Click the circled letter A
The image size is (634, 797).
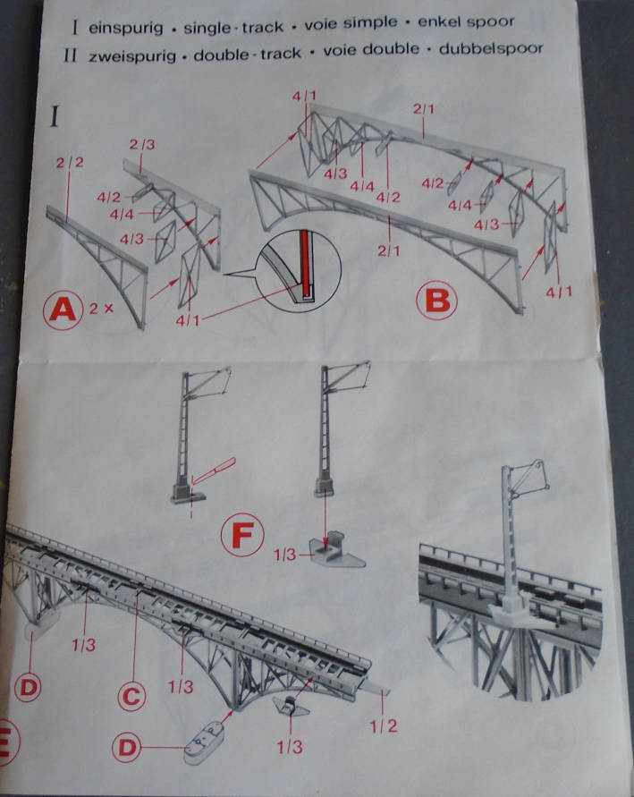click(x=63, y=309)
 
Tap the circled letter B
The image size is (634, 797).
click(x=436, y=300)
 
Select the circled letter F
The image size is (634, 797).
click(x=242, y=535)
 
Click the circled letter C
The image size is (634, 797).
click(x=131, y=696)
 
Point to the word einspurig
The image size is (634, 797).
click(x=126, y=28)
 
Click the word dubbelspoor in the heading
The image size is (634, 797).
click(x=491, y=49)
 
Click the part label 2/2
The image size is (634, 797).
click(x=70, y=163)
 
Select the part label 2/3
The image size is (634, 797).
click(x=142, y=144)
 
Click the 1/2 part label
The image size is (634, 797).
click(x=383, y=726)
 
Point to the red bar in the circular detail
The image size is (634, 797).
click(x=304, y=263)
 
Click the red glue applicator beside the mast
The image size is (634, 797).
click(x=214, y=471)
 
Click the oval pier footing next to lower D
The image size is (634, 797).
click(x=203, y=743)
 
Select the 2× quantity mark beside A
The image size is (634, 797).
click(x=101, y=308)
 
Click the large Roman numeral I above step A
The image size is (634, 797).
click(x=55, y=117)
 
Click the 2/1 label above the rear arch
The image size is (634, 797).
click(x=424, y=108)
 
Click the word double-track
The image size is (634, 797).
click(x=248, y=54)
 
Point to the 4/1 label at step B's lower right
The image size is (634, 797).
click(x=559, y=292)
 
